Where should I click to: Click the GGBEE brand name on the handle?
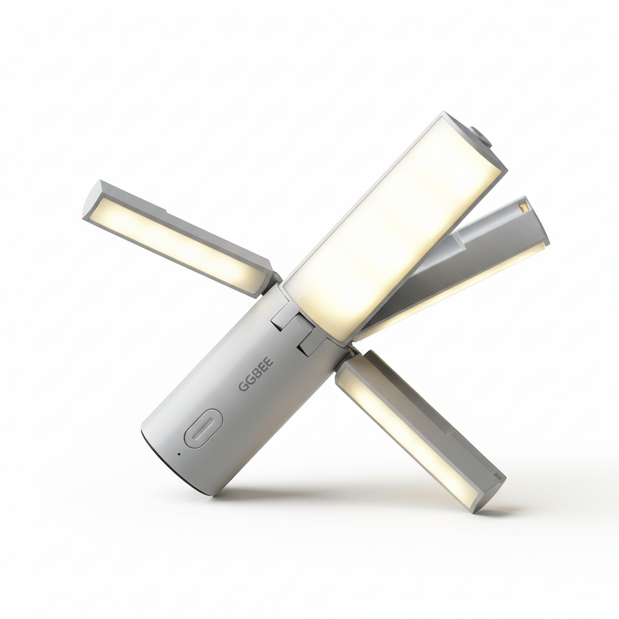pos(256,374)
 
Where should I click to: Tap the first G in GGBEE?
pos(244,386)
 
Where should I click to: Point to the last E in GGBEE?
pos(268,360)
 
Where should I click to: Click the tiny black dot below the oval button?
pos(179,454)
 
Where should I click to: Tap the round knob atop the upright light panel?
pos(481,137)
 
